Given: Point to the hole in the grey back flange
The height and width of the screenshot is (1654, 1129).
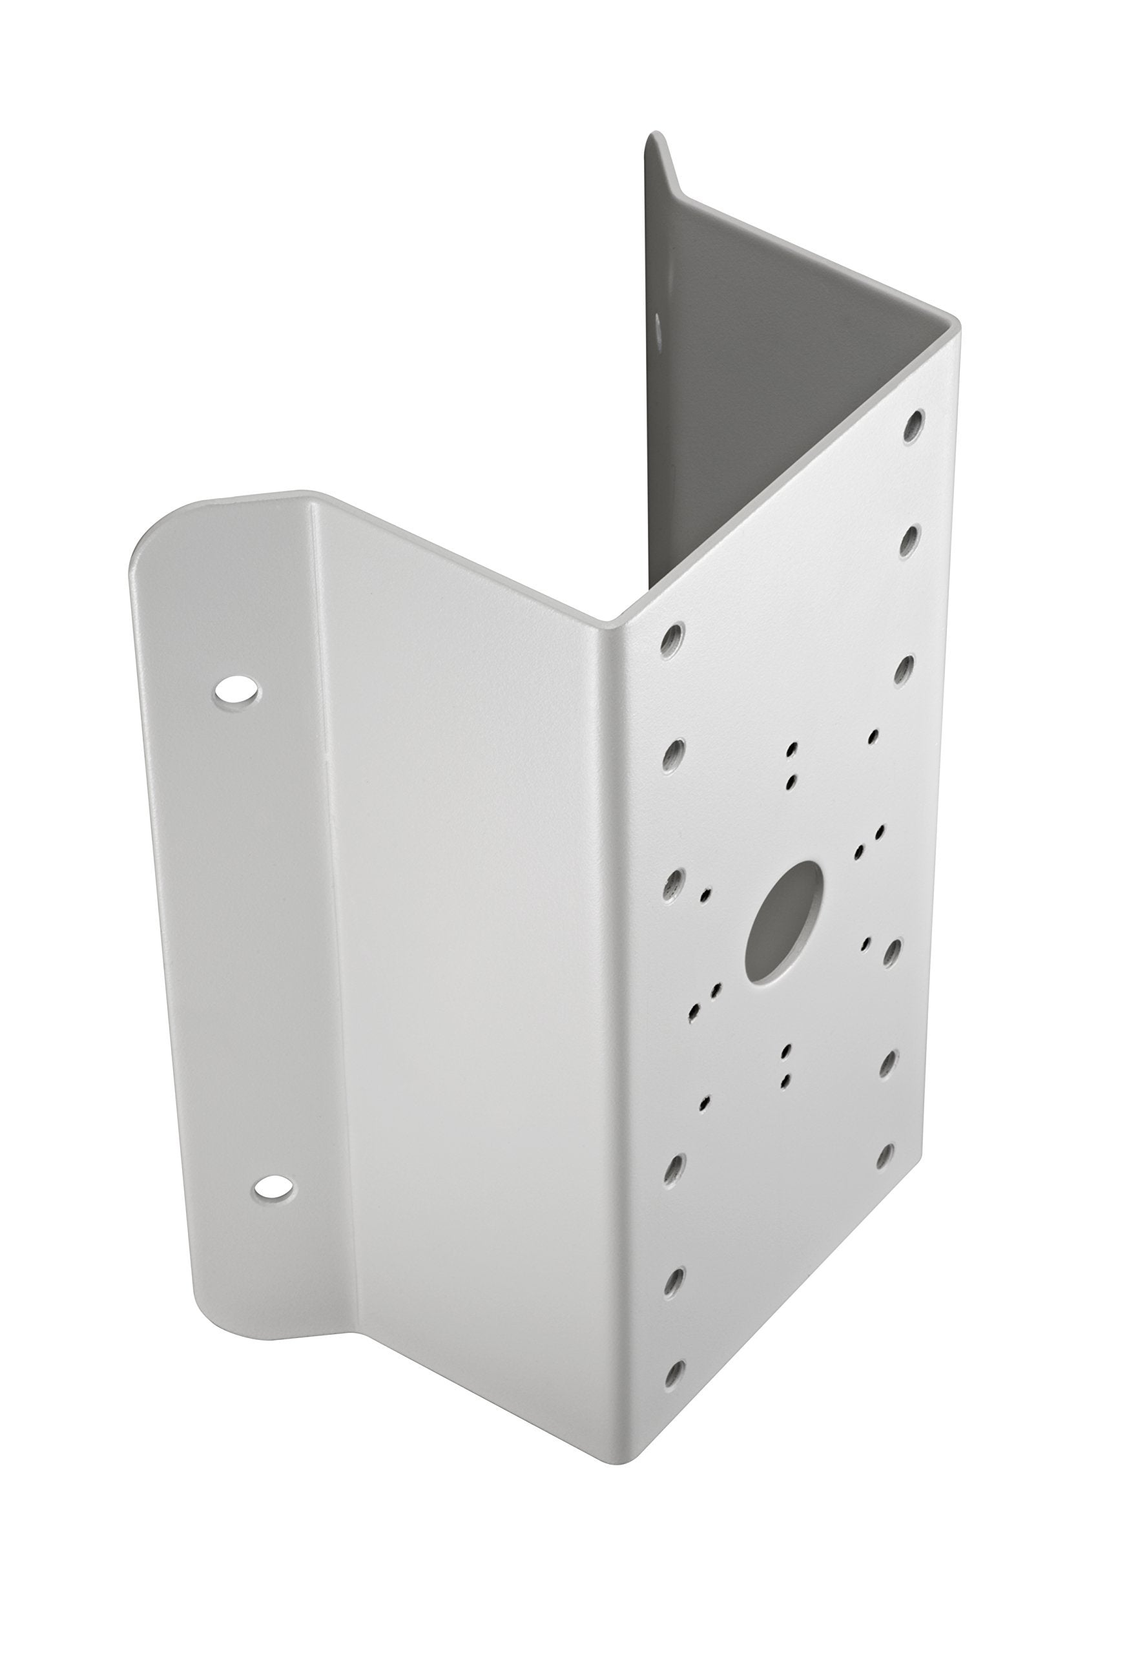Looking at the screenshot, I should pyautogui.click(x=659, y=329).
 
